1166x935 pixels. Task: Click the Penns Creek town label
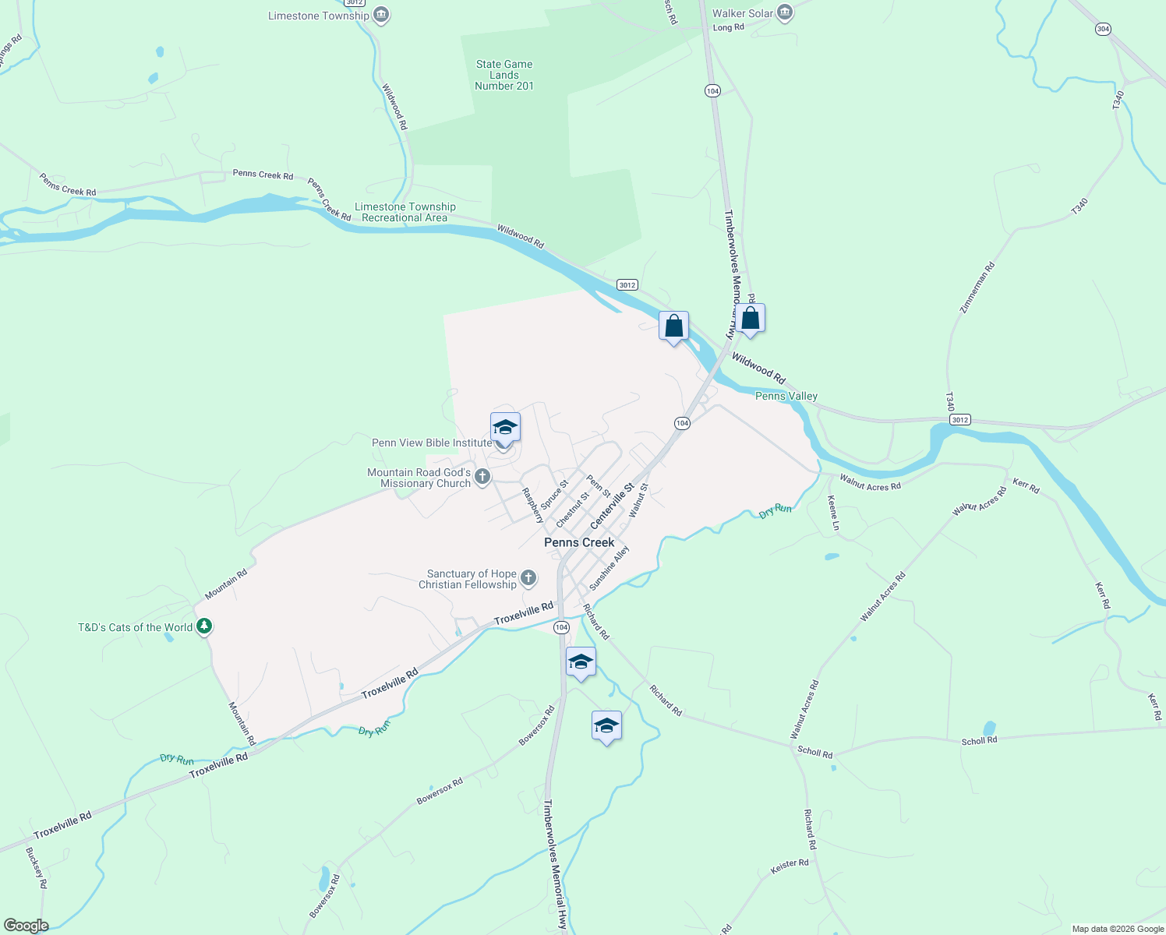tap(579, 542)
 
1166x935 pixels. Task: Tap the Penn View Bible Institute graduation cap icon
tap(505, 429)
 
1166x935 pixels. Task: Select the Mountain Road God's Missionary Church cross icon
tap(482, 477)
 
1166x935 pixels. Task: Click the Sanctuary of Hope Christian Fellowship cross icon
tap(528, 577)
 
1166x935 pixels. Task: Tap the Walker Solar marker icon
tap(785, 12)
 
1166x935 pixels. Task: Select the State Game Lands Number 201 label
tap(504, 75)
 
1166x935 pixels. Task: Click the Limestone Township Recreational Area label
tap(405, 212)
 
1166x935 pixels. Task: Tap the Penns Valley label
tap(786, 396)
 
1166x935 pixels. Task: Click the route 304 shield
tap(1103, 29)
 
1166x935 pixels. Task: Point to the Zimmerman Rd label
tap(978, 288)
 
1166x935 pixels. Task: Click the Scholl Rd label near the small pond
tap(979, 740)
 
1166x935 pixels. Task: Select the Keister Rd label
tap(789, 865)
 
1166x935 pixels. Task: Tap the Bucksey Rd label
tap(37, 868)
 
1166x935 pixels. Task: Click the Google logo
tap(26, 926)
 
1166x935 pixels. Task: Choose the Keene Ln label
tap(833, 513)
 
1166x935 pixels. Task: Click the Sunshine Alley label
tap(609, 567)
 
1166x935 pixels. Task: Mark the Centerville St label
tap(613, 505)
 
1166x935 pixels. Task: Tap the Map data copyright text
tap(1117, 929)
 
